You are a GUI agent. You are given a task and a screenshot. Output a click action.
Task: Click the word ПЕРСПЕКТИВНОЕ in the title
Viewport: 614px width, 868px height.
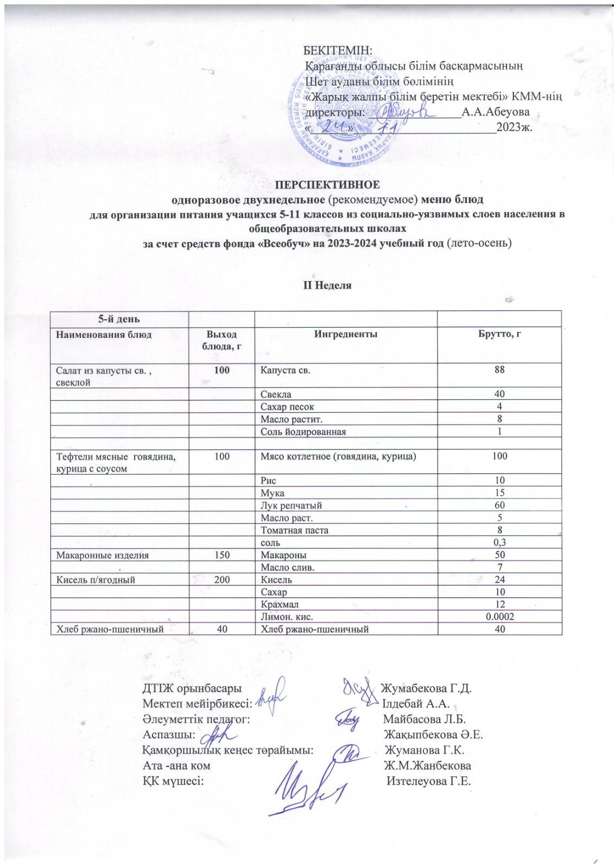327,184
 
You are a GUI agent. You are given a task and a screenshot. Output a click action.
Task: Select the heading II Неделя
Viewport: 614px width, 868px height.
327,285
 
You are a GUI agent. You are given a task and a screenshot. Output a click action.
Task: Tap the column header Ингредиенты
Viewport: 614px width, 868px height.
346,335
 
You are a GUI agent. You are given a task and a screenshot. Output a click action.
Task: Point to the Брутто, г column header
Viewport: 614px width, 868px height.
499,335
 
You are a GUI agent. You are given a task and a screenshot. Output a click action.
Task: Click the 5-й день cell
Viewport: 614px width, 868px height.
118,319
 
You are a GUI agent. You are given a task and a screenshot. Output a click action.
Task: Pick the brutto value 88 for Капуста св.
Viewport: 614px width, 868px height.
499,369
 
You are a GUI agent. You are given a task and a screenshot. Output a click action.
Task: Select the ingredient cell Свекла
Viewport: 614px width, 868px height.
276,394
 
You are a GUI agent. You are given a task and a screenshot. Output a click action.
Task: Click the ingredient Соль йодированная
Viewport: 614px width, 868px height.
303,432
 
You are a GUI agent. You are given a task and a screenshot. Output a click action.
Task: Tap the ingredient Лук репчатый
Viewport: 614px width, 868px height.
291,506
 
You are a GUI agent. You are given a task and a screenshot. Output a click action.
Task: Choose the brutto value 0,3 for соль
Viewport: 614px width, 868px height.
499,542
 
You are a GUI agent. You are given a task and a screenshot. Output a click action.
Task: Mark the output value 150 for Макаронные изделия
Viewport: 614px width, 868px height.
221,555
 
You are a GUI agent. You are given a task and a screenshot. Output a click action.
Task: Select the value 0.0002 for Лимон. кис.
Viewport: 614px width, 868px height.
499,617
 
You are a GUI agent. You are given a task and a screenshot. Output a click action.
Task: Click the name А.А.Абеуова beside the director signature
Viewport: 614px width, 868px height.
495,112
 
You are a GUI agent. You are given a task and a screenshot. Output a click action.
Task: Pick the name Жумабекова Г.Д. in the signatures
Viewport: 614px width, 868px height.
426,689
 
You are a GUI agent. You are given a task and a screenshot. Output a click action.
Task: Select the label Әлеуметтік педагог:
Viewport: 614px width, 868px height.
196,720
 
